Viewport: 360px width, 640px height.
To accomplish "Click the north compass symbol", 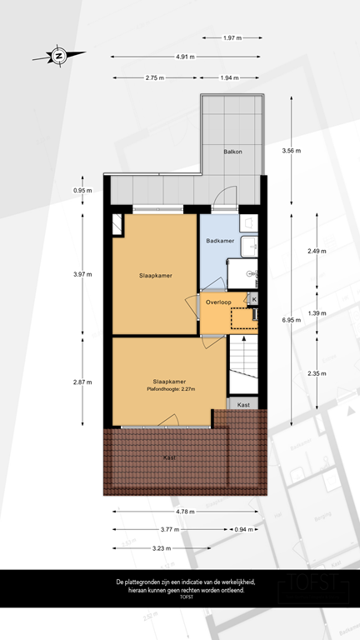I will (59, 57).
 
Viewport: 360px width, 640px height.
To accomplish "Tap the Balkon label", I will (232, 152).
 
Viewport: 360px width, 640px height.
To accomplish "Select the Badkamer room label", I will (219, 241).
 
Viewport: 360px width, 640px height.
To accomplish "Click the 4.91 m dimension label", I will (185, 57).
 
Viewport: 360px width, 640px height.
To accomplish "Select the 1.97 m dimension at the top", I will (232, 37).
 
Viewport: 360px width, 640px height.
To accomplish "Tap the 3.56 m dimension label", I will (292, 151).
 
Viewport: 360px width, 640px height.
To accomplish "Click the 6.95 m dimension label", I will (292, 319).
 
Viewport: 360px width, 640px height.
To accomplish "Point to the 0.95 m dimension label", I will (82, 191).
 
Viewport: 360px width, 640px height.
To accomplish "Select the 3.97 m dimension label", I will (82, 274).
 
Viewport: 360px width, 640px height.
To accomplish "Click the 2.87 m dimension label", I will (82, 382).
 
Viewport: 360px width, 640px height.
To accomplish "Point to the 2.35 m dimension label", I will (317, 372).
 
